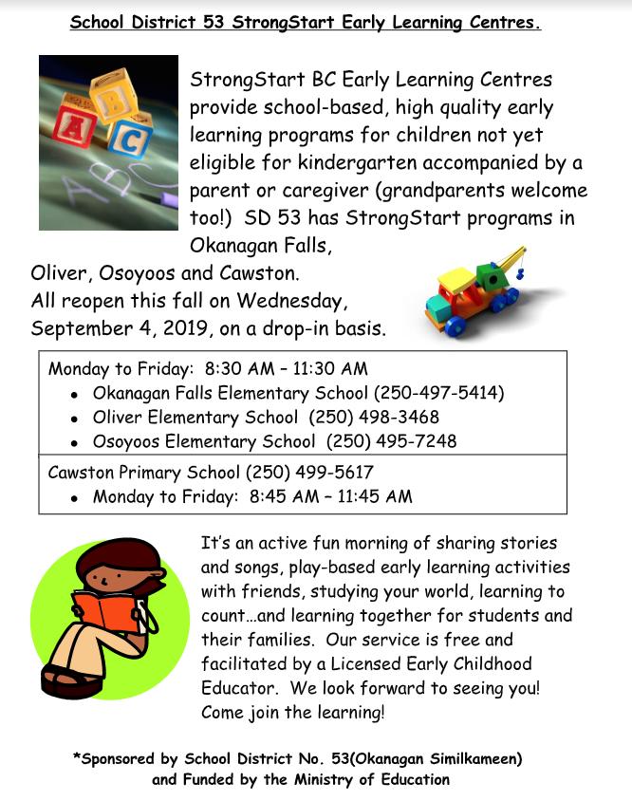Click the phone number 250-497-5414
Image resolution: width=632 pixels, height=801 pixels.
tap(439, 392)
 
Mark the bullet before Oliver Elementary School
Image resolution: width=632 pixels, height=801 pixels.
tap(75, 418)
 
